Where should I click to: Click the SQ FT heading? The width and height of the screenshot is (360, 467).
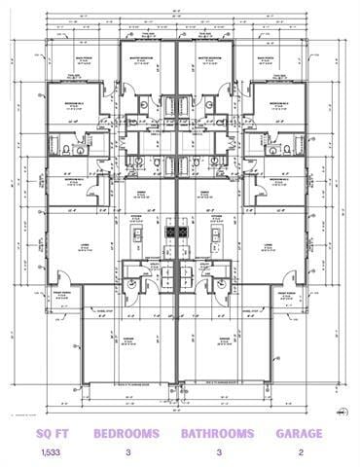pos(51,433)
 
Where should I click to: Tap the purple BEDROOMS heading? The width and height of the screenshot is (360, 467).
pos(127,433)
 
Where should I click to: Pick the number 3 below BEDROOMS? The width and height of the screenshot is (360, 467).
pos(127,452)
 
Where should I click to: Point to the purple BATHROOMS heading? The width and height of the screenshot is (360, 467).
pos(217,433)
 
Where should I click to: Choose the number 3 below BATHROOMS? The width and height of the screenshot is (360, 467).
pos(217,452)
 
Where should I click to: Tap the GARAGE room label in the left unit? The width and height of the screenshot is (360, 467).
pos(127,340)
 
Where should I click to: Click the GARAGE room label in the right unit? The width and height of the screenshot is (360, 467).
pos(224,340)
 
